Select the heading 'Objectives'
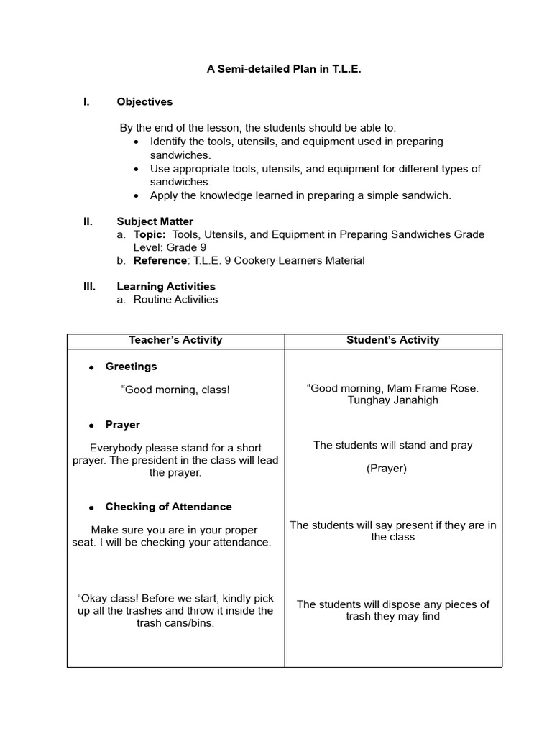144,102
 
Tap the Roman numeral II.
88,221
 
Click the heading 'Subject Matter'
155,221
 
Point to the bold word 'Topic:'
149,234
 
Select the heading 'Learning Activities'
166,286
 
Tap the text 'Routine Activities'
175,299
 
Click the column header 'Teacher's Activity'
175,340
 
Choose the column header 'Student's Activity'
392,340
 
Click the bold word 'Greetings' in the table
131,367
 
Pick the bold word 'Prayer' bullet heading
122,425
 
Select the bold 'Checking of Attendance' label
168,507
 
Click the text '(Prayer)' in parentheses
387,469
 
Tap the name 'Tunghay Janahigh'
392,400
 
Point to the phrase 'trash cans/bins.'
175,623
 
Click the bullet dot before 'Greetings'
91,367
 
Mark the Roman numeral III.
89,286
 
